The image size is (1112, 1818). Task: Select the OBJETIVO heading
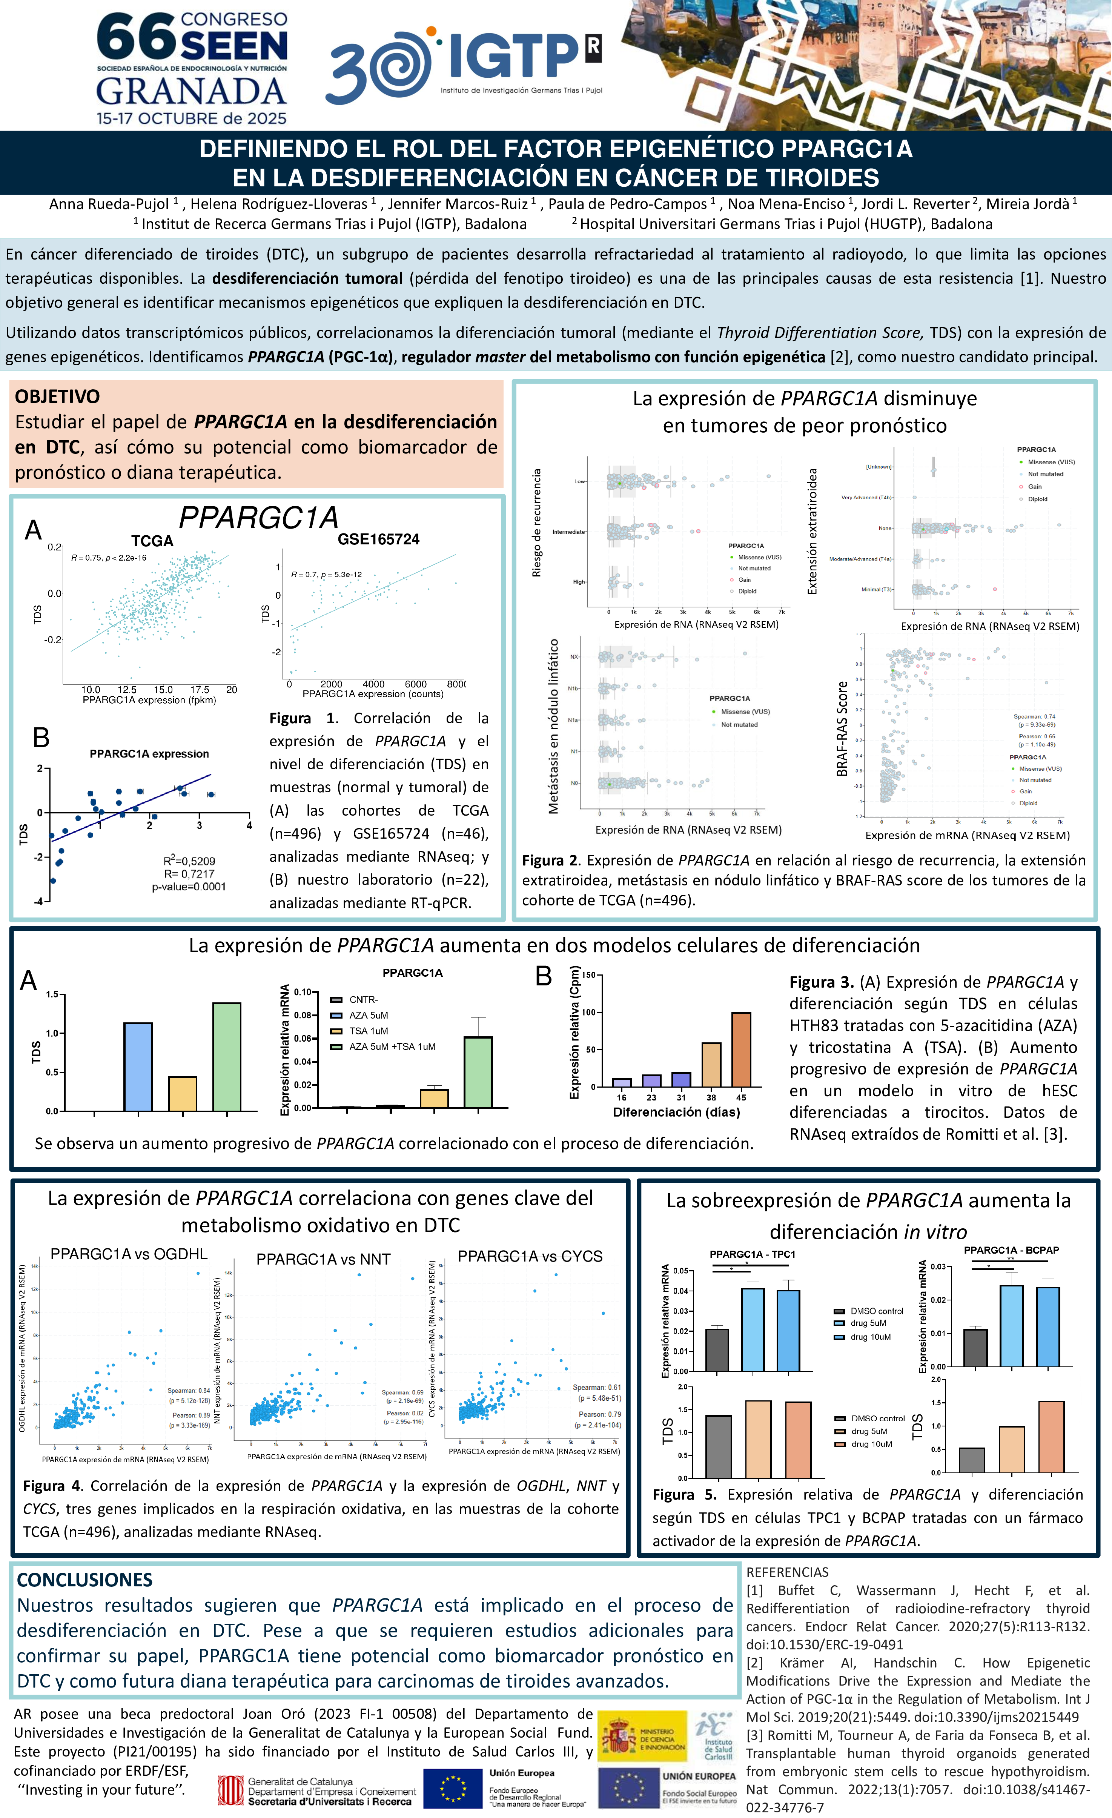click(x=58, y=396)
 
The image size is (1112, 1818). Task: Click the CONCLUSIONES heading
click(x=85, y=1580)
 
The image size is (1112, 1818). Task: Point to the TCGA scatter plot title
click(x=152, y=541)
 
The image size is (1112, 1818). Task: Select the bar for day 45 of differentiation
click(x=741, y=1049)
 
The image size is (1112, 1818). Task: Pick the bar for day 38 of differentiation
click(x=711, y=1064)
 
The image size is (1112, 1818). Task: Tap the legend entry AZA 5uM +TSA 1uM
click(x=392, y=1046)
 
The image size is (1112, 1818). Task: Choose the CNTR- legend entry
click(x=363, y=1000)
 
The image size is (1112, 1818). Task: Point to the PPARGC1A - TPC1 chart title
click(x=752, y=1254)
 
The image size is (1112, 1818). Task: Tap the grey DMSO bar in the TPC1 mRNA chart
click(x=716, y=1349)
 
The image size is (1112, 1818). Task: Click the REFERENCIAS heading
click(x=786, y=1572)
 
